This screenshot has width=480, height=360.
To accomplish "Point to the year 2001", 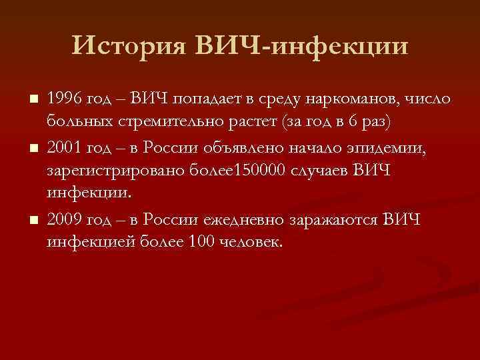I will pyautogui.click(x=65, y=147).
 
